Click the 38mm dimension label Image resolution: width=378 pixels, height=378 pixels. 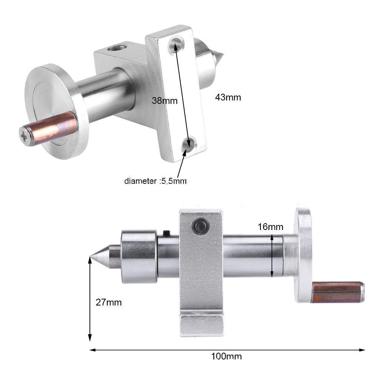click(164, 101)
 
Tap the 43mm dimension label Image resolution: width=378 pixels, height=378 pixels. click(228, 97)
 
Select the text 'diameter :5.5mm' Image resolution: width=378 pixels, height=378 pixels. click(156, 181)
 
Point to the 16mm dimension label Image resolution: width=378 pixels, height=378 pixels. click(270, 227)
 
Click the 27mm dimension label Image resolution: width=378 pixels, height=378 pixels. click(109, 302)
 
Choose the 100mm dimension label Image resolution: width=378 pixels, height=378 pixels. click(227, 356)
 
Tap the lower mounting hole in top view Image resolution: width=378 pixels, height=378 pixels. click(188, 143)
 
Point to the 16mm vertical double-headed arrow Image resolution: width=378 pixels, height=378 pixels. click(272, 256)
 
